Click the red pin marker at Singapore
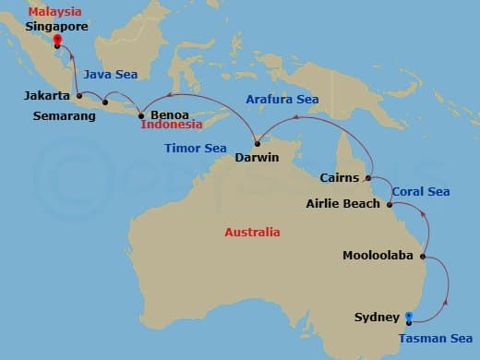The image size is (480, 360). click(x=56, y=41)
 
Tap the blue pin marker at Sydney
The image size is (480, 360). click(x=408, y=318)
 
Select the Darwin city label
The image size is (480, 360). click(x=258, y=157)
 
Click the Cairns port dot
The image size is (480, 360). click(x=368, y=177)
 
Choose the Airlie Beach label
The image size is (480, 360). click(x=342, y=203)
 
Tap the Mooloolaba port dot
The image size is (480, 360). click(x=423, y=256)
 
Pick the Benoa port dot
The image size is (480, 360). click(x=140, y=115)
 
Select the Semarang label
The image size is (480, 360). click(x=63, y=115)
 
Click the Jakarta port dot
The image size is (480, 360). click(x=79, y=96)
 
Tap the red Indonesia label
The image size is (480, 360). click(x=174, y=125)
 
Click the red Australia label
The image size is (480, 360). click(x=252, y=233)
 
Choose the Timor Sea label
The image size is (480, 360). click(x=195, y=148)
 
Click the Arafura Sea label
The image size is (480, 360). click(x=282, y=98)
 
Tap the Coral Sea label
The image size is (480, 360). click(x=420, y=192)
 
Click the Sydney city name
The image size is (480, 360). click(x=378, y=318)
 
